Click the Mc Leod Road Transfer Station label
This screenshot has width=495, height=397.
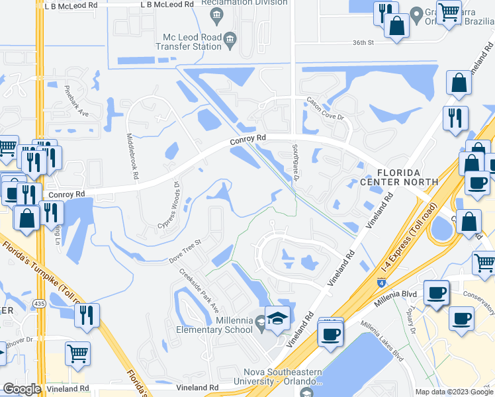pos(188,42)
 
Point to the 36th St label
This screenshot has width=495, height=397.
pos(363,42)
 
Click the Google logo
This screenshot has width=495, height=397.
pos(22,388)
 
